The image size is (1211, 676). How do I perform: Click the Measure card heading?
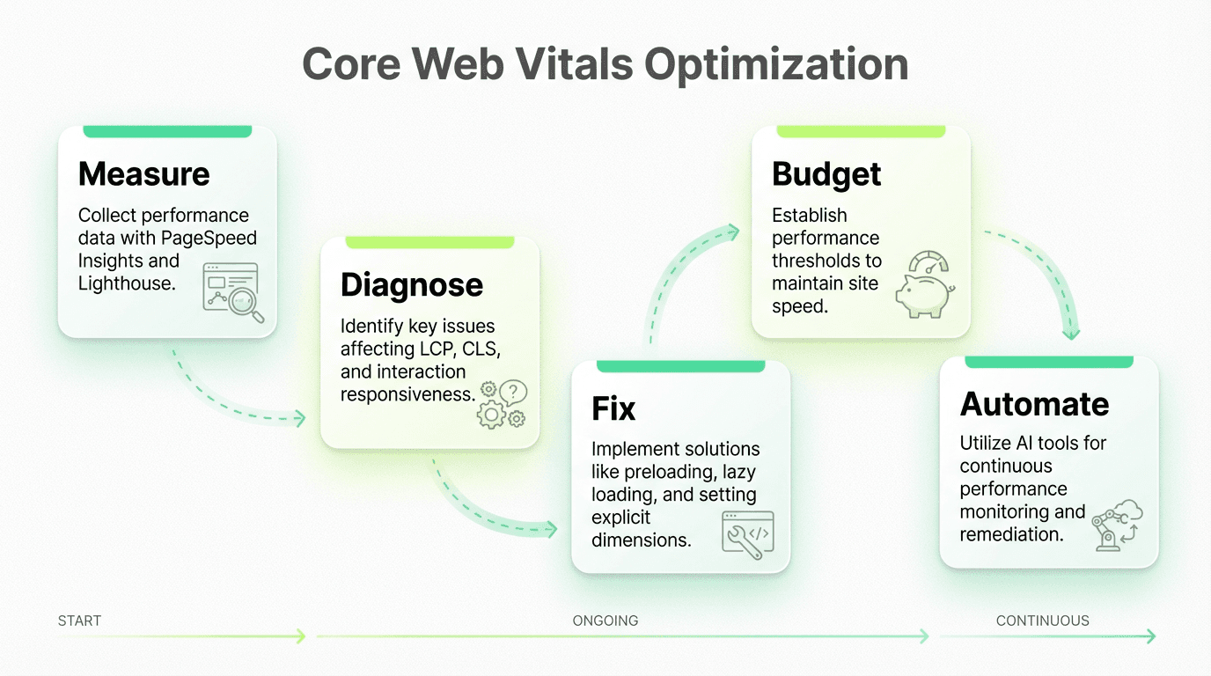pos(143,174)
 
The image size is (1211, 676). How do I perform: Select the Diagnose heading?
pos(412,284)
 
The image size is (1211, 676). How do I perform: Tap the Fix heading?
pos(613,408)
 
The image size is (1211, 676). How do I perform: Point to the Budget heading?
pos(826,174)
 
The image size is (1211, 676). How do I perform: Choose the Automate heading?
pos(1035,404)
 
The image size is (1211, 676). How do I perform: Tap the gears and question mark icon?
pos(503,404)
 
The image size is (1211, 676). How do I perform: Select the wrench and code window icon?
pos(747,534)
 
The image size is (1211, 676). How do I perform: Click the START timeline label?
pos(79,621)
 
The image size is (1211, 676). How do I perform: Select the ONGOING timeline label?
pos(605,621)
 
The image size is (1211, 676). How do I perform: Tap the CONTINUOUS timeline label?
pos(1042,621)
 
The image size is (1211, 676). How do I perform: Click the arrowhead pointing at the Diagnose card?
pos(299,418)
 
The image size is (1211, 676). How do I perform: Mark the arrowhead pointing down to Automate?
pos(1071,333)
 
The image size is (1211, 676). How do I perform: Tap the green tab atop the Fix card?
pos(680,365)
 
